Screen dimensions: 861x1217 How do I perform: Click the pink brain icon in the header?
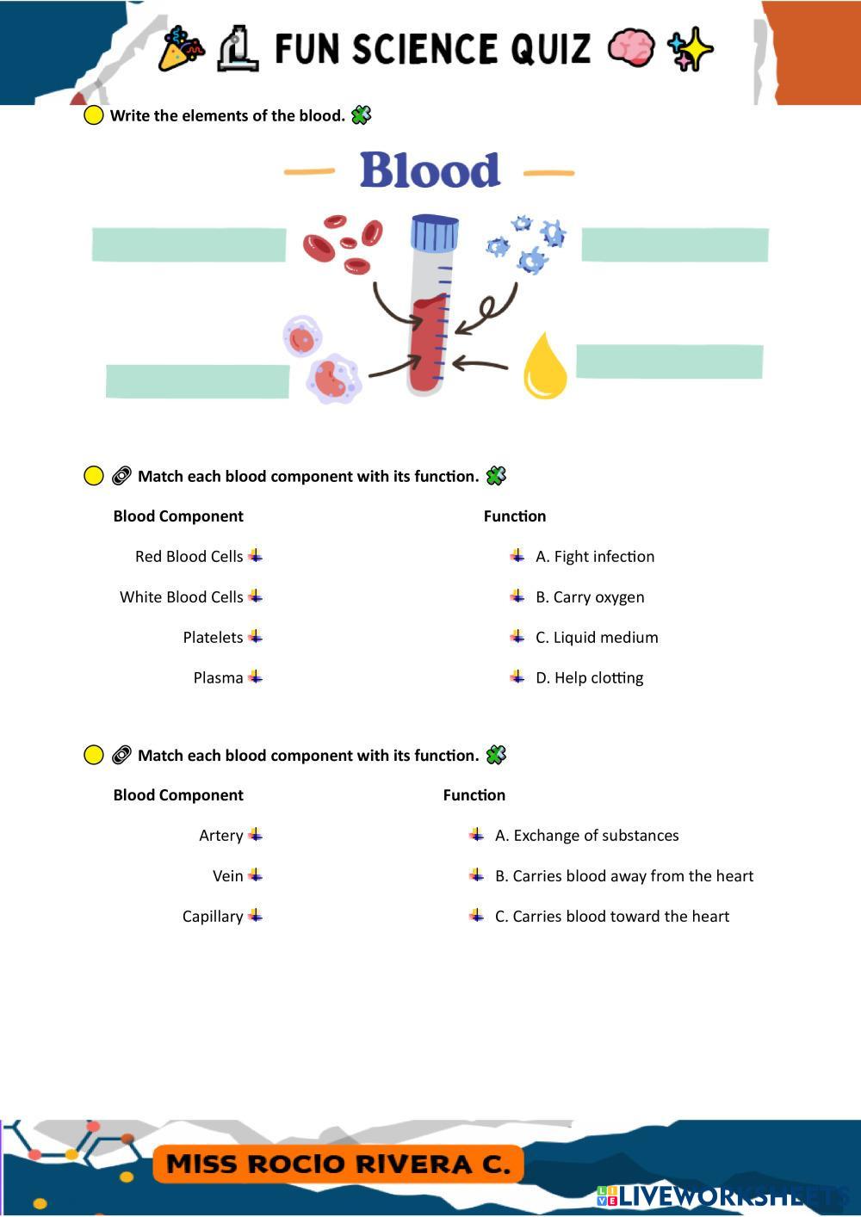[x=630, y=48]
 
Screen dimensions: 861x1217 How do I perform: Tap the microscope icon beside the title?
[x=238, y=49]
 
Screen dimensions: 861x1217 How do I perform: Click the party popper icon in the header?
[x=181, y=49]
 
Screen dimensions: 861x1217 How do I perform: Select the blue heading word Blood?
[x=430, y=170]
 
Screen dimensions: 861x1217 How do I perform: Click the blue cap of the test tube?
[x=434, y=233]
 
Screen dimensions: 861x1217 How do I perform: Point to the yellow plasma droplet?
[x=545, y=366]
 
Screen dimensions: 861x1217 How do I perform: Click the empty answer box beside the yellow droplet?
[x=669, y=361]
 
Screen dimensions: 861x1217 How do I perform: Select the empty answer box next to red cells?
[x=189, y=245]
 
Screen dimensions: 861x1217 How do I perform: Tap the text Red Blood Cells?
[x=189, y=556]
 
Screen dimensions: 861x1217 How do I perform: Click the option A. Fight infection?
[x=595, y=556]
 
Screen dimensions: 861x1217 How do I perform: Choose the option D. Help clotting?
[x=589, y=677]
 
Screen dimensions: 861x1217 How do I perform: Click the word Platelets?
[x=213, y=637]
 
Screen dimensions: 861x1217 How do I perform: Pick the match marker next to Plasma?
[x=255, y=677]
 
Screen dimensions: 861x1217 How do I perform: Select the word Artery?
[x=220, y=835]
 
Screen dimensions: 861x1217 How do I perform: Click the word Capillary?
[x=213, y=916]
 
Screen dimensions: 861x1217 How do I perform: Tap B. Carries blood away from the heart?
[x=624, y=876]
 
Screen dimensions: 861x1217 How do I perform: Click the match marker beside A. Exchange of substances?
[x=476, y=835]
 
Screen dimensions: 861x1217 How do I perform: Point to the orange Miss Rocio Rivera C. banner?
[x=338, y=1164]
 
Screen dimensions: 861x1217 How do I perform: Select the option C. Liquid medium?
[x=597, y=637]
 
